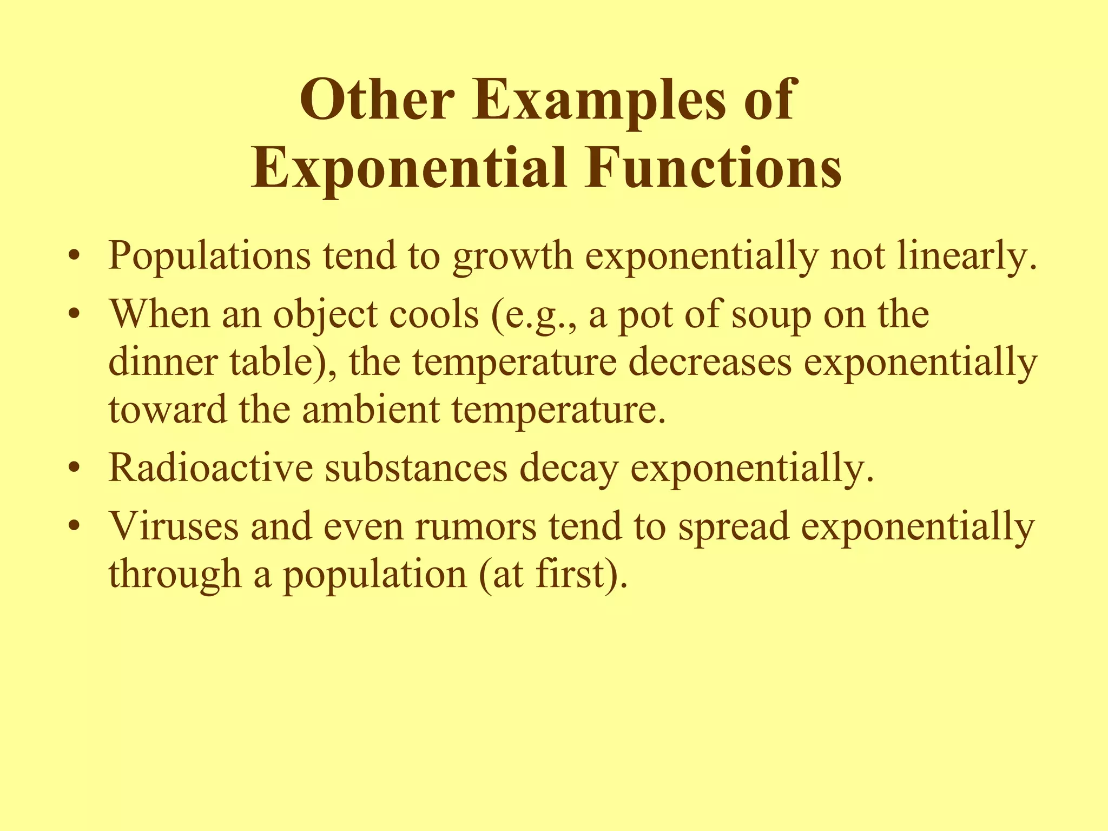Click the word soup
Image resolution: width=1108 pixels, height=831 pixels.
[x=771, y=315]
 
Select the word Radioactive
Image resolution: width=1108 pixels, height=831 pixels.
[x=210, y=468]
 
